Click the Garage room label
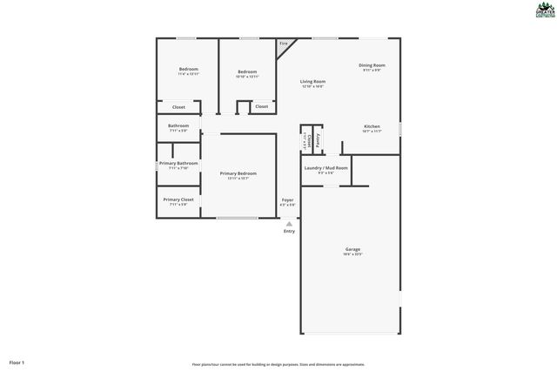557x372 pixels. point(352,249)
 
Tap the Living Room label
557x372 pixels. point(312,81)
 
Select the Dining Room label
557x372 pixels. point(372,65)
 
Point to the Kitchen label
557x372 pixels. point(372,126)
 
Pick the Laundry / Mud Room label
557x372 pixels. point(326,167)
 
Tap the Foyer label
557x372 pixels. point(287,200)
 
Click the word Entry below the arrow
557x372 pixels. point(289,231)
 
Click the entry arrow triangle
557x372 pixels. point(289,223)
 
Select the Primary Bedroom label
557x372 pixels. point(238,173)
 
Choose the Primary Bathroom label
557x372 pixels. point(178,163)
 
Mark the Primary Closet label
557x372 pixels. point(178,200)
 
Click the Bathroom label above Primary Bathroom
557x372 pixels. point(178,125)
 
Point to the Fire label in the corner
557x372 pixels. point(283,44)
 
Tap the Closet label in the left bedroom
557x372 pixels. point(178,107)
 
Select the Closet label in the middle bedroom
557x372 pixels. point(261,106)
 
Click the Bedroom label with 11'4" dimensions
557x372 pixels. point(189,69)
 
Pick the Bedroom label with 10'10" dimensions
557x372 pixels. point(248,72)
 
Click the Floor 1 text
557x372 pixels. point(17,362)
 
